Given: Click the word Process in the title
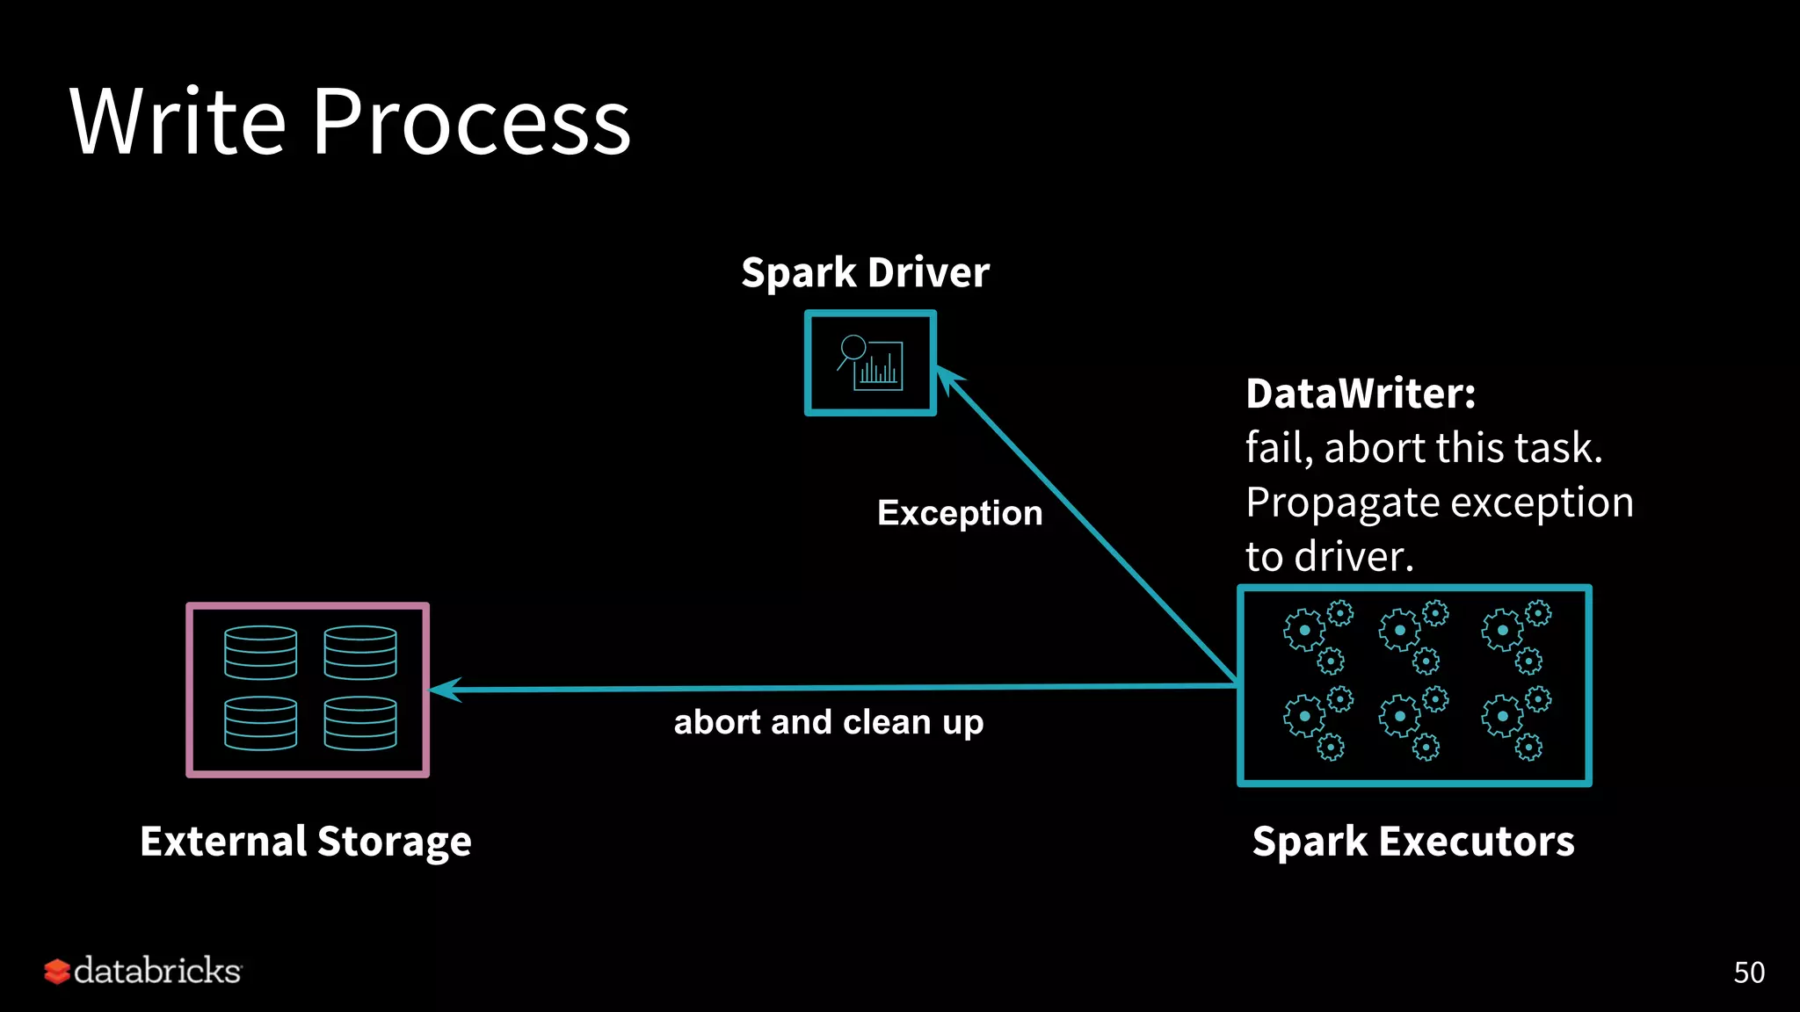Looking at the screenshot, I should point(471,123).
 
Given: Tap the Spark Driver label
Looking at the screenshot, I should point(865,272).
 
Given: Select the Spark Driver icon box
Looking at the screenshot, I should point(870,363).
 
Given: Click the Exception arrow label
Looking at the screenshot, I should point(960,512).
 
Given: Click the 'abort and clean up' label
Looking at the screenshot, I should point(828,722).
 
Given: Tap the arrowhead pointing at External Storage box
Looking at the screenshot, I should point(445,690).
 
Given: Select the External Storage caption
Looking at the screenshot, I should point(306,841).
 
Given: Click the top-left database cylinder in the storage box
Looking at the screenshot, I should point(260,653).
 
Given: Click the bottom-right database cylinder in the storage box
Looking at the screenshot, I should point(360,723).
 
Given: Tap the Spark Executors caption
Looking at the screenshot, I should point(1413,841).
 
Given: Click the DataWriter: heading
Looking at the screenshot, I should point(1361,393).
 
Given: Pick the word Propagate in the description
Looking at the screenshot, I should point(1343,503).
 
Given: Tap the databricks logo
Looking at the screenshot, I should point(142,971).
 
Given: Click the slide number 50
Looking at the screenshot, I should point(1748,972).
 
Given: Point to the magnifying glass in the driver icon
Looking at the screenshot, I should point(852,349).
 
